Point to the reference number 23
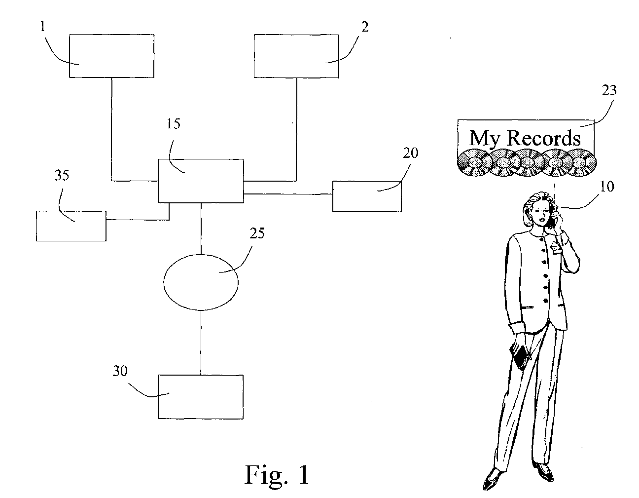[609, 90]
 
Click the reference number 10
[606, 186]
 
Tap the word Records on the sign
[543, 138]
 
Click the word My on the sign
[484, 138]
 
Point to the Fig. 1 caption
[277, 474]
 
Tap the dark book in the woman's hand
[520, 357]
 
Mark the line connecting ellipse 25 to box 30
[201, 343]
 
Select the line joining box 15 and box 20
[288, 194]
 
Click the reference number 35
[62, 175]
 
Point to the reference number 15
[173, 123]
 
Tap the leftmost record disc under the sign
[475, 163]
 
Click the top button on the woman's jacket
[543, 250]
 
